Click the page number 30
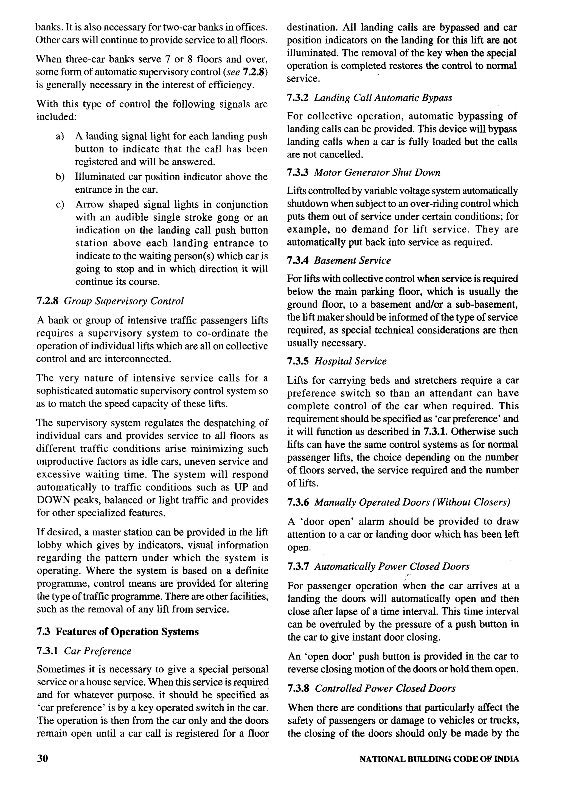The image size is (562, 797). (x=42, y=759)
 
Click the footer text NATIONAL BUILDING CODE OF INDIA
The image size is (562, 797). (x=439, y=759)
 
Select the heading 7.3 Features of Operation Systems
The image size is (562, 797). (x=118, y=632)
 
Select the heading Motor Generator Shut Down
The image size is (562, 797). (x=377, y=173)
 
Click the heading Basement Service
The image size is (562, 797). (x=352, y=260)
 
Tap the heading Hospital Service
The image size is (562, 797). (x=350, y=361)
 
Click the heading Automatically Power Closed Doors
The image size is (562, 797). (x=392, y=566)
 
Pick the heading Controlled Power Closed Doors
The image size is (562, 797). (x=385, y=688)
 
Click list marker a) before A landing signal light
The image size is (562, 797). (x=60, y=136)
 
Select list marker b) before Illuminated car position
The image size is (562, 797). (x=60, y=177)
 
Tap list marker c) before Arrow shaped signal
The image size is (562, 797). (x=60, y=205)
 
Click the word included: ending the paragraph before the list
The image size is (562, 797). (x=56, y=117)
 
